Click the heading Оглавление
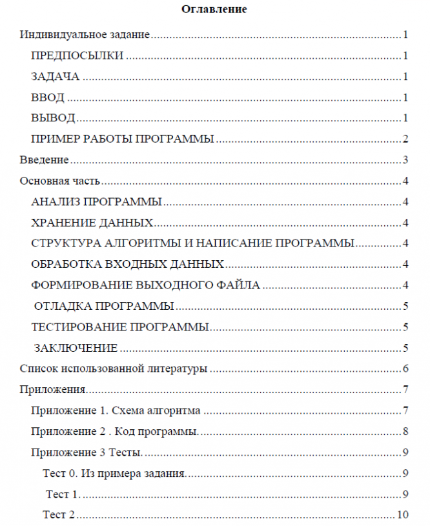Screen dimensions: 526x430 (214, 9)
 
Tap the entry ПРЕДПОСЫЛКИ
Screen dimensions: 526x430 (77, 56)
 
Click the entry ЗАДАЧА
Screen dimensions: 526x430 (55, 77)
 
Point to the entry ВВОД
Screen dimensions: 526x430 (47, 97)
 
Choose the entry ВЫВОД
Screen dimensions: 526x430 (53, 118)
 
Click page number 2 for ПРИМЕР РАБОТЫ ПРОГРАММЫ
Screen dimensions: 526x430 (405, 139)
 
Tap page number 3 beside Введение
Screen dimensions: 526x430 (405, 160)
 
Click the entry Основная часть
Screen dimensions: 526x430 (59, 181)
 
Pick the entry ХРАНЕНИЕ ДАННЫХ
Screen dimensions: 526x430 (92, 223)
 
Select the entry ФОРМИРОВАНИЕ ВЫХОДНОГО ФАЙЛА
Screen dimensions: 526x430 (145, 285)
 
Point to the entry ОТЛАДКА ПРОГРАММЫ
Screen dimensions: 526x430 (103, 306)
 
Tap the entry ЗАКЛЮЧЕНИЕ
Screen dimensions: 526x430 (76, 348)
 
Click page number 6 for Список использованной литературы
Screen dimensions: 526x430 (405, 369)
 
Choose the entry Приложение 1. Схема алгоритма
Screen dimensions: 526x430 (116, 410)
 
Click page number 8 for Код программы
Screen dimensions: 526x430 (405, 431)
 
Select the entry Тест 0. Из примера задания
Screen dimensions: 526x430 (114, 473)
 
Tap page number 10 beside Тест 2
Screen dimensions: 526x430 (404, 515)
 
